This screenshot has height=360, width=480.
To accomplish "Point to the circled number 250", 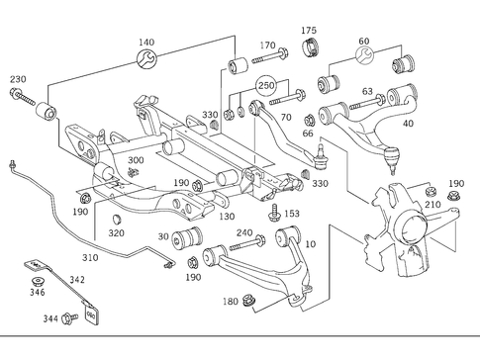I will pos(265,85).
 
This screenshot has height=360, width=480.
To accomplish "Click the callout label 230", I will pos(18,80).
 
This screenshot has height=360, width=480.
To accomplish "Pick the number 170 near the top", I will pos(267,45).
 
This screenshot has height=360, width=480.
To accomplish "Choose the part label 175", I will pos(309,31).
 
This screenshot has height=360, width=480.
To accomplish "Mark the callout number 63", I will pos(366,92).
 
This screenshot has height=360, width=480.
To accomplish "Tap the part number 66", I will pos(307,133).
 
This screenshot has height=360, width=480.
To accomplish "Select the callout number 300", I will pos(135,160).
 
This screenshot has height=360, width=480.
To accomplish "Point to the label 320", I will pos(116,233).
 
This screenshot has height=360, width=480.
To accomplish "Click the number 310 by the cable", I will pos(90,256).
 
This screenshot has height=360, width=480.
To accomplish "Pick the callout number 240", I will pos(244,233).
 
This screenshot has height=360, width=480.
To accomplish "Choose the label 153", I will pos(291,213).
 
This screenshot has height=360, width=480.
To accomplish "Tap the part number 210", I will pos(433,205).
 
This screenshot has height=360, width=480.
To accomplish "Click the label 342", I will pos(76,281).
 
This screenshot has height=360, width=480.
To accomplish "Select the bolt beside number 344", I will pos(69,318).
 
